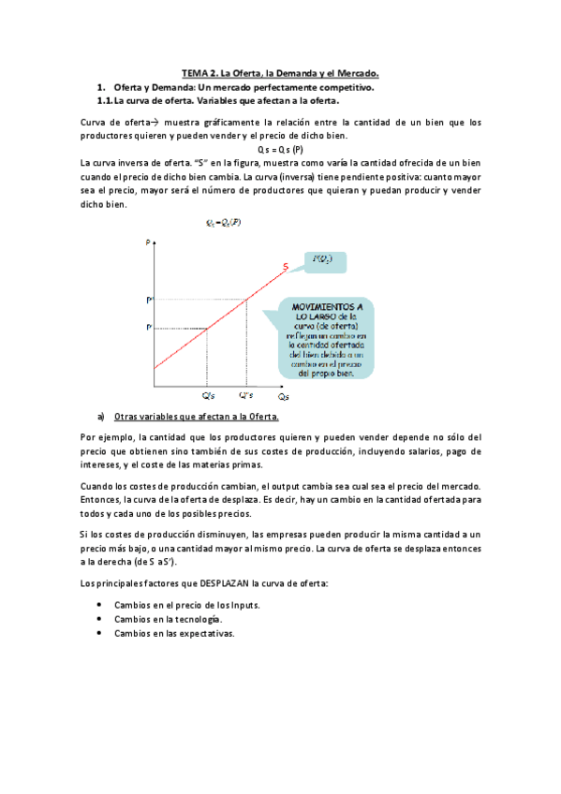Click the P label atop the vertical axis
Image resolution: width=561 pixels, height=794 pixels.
147,243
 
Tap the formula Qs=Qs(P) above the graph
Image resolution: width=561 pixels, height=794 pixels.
223,222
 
